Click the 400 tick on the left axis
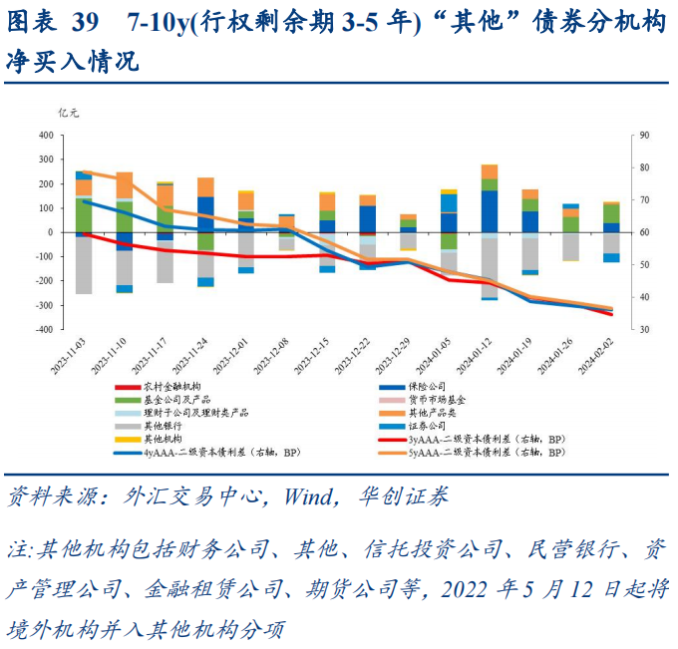point(45,136)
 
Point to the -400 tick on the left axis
point(43,330)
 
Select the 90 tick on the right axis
point(645,136)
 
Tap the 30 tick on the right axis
point(645,330)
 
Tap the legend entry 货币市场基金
point(443,399)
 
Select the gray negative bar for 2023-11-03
point(84,264)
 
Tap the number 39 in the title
point(89,22)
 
